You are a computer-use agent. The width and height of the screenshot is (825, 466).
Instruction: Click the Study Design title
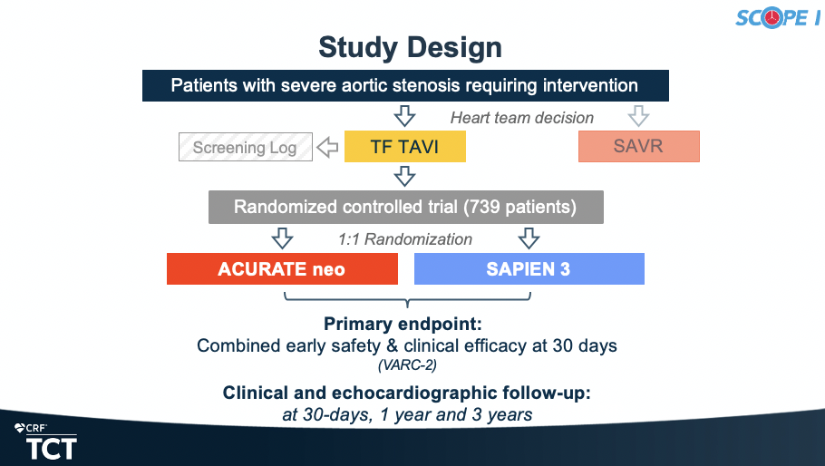(410, 48)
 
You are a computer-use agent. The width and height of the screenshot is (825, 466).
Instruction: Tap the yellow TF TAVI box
(405, 146)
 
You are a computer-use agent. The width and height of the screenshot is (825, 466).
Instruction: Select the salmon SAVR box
(639, 146)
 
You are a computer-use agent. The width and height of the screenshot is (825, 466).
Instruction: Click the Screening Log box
(245, 147)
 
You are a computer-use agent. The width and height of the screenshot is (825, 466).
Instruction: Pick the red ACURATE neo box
(282, 268)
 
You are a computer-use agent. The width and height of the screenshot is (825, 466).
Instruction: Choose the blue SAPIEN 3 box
(529, 268)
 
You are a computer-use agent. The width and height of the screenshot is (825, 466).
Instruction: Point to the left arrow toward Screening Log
(328, 147)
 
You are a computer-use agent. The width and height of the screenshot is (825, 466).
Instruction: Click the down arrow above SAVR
(639, 116)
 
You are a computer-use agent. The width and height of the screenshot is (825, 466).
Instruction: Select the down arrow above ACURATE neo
(283, 238)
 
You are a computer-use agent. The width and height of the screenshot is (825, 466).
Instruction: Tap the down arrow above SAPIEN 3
(529, 238)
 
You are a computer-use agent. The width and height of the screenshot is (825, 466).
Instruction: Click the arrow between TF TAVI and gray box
(404, 176)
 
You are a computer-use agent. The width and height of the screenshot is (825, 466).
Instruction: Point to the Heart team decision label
(522, 118)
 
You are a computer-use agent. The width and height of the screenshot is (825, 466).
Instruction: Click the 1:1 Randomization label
(405, 239)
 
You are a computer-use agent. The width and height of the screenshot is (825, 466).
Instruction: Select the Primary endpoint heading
(403, 324)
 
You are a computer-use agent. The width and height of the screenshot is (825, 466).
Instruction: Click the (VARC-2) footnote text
(407, 365)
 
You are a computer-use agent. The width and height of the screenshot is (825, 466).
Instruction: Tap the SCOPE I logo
(778, 18)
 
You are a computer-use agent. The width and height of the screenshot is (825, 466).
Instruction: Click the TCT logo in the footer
(46, 442)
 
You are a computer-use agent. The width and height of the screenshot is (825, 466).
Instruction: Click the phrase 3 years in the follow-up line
(502, 415)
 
